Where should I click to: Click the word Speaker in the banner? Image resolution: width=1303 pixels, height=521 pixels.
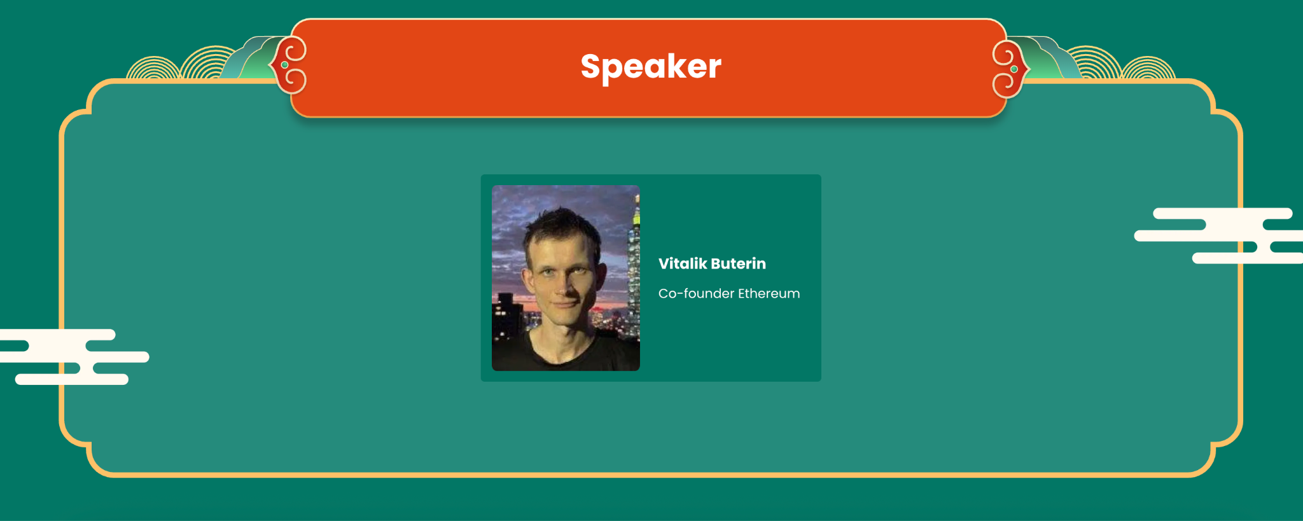point(651,67)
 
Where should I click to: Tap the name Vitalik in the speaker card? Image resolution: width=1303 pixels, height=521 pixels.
point(683,263)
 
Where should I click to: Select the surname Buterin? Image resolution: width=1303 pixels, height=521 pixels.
point(739,263)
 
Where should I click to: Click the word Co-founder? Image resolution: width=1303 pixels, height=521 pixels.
point(696,293)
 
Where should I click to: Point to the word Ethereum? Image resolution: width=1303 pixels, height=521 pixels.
point(769,293)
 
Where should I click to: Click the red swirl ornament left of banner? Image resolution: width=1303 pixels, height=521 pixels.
point(289,65)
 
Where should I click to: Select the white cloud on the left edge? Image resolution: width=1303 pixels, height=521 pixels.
point(73,357)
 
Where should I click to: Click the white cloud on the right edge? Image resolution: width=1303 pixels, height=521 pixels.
point(1218,235)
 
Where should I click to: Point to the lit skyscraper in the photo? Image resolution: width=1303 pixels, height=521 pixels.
point(634,267)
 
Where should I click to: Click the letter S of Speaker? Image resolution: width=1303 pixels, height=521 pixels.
point(592,66)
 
